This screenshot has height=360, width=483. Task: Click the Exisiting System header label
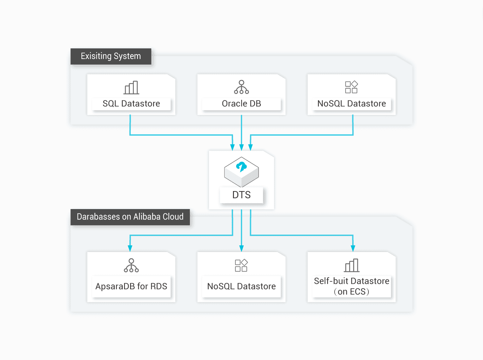pyautogui.click(x=110, y=56)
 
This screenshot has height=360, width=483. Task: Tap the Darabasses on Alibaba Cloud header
pyautogui.click(x=130, y=217)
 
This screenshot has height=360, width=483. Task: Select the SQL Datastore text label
pyautogui.click(x=131, y=104)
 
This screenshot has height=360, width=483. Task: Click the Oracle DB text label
pyautogui.click(x=241, y=104)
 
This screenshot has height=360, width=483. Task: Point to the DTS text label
pyautogui.click(x=241, y=195)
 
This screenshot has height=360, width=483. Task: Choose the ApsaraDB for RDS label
pyautogui.click(x=131, y=286)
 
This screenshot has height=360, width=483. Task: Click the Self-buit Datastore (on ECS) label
pyautogui.click(x=351, y=286)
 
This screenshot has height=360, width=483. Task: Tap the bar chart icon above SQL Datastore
pyautogui.click(x=131, y=87)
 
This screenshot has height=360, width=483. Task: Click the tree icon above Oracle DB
pyautogui.click(x=241, y=87)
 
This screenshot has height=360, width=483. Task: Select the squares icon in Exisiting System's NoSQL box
pyautogui.click(x=351, y=87)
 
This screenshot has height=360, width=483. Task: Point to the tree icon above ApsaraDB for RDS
pyautogui.click(x=131, y=266)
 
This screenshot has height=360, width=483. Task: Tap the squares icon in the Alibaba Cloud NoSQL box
pyautogui.click(x=241, y=266)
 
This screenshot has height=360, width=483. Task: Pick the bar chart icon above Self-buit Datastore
pyautogui.click(x=351, y=266)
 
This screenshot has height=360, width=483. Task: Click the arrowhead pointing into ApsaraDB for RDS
pyautogui.click(x=130, y=249)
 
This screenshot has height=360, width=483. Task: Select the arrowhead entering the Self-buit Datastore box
pyautogui.click(x=353, y=249)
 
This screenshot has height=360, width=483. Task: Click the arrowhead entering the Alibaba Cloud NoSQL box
pyautogui.click(x=241, y=249)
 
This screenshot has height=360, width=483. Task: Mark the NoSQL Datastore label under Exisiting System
pyautogui.click(x=351, y=104)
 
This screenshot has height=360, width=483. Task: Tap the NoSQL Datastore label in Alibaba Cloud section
pyautogui.click(x=241, y=286)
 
